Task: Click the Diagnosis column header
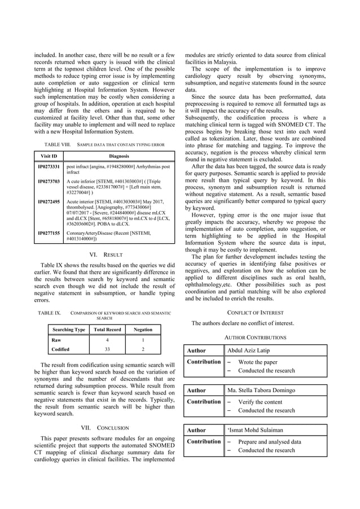point(119,156)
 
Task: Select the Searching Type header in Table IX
point(68,330)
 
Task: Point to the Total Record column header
point(107,330)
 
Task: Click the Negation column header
point(143,330)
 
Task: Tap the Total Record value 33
point(107,350)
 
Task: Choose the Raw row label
point(56,340)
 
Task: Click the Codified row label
point(60,350)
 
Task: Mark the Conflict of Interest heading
point(256,311)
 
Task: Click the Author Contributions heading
point(256,337)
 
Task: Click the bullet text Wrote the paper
point(257,362)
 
